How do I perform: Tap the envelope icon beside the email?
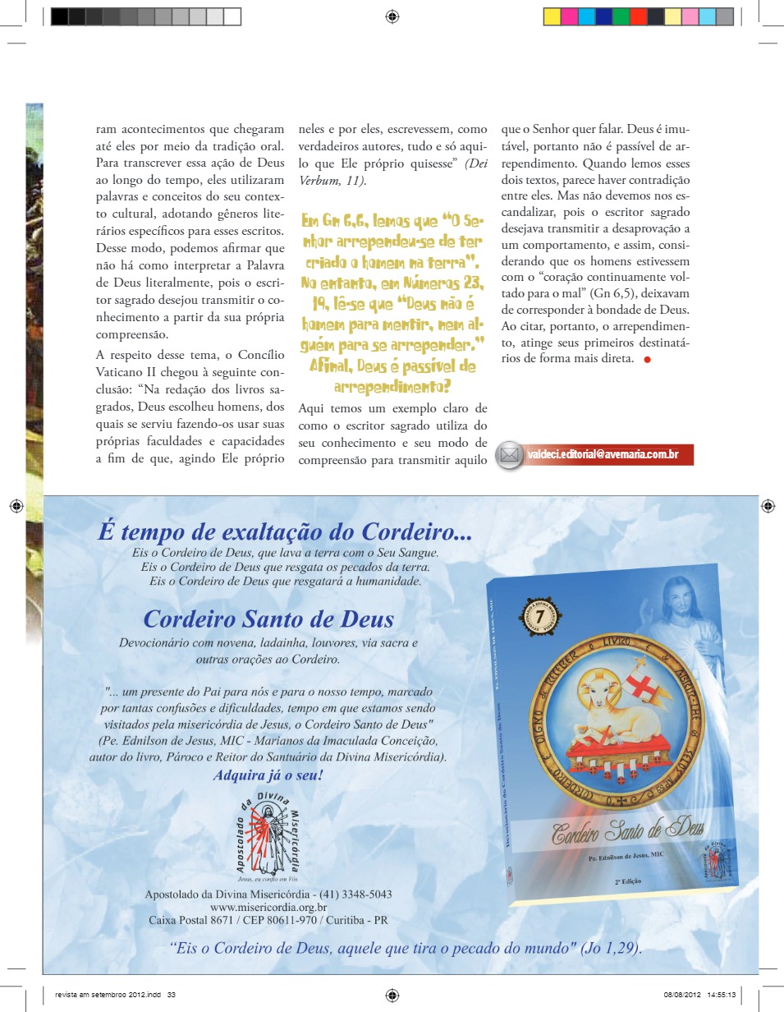click(510, 455)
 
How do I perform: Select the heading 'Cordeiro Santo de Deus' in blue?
click(268, 619)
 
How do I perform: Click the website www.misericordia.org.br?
click(268, 907)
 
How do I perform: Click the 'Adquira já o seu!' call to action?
click(268, 775)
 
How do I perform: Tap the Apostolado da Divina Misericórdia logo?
click(268, 830)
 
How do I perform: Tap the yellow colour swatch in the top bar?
click(552, 16)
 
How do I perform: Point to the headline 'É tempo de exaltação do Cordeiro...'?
click(285, 531)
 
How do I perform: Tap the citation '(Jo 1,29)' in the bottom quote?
click(610, 947)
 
